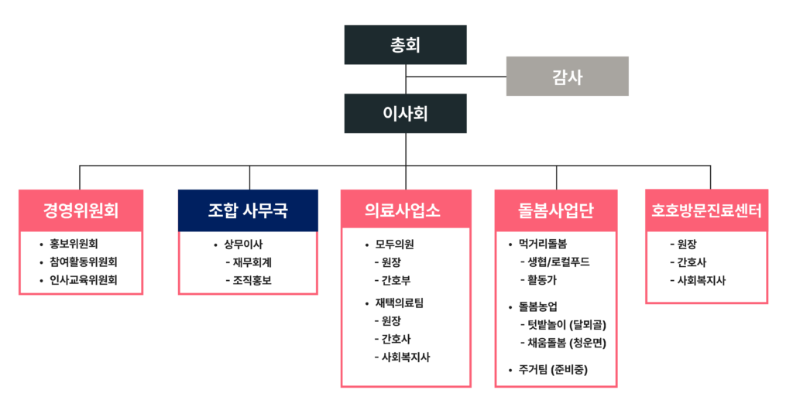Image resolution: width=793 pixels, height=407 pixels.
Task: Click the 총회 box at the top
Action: (405, 45)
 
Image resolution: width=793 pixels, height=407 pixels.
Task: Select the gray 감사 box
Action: (567, 76)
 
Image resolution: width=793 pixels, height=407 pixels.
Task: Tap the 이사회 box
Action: (405, 114)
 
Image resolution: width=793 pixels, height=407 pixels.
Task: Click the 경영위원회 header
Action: (81, 210)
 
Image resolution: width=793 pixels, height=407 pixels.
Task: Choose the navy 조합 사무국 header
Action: (248, 210)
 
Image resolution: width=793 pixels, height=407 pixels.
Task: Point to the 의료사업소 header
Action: (405, 210)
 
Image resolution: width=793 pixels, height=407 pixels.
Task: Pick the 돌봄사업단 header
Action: (556, 210)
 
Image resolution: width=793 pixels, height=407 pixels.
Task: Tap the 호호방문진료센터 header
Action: (706, 210)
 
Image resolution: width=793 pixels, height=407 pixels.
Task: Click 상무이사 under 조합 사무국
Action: (243, 244)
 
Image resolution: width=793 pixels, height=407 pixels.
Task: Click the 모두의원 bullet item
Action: (395, 244)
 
